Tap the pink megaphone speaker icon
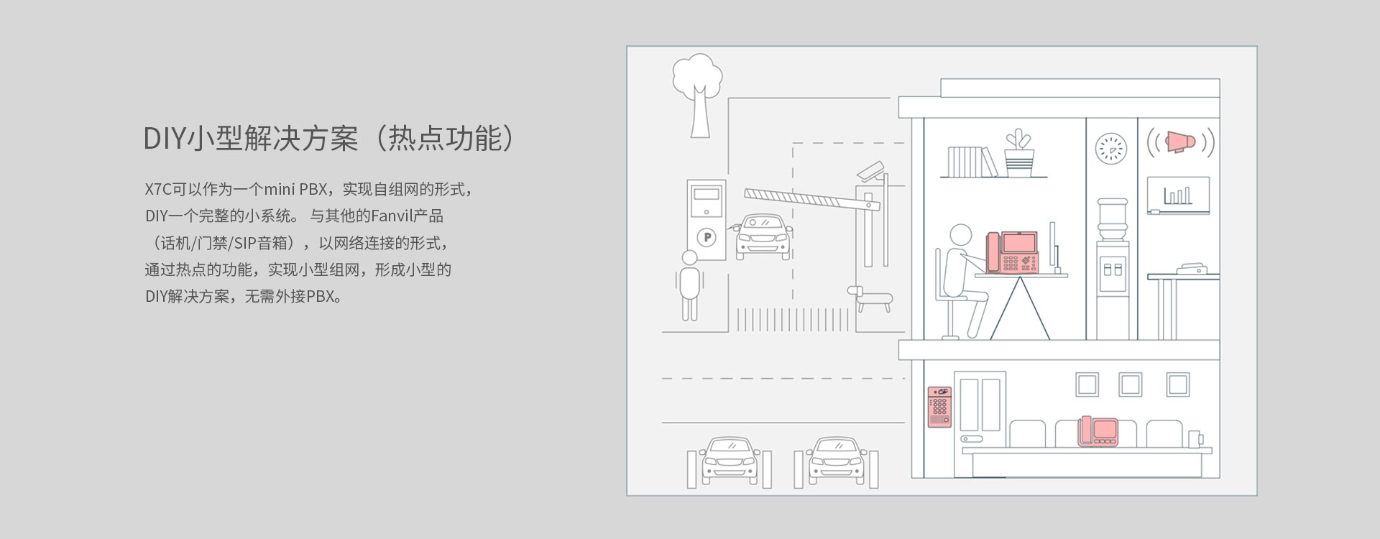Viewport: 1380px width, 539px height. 1179,142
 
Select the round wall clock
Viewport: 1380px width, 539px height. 1111,149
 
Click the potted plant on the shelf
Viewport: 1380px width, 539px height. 1019,153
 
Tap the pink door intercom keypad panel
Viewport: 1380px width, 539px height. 939,407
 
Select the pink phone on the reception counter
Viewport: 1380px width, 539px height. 1098,431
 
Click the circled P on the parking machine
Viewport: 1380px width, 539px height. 708,238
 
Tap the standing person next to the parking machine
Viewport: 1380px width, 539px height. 689,284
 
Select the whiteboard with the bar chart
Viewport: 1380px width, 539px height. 1177,194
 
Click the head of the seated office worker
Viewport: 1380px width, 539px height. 960,235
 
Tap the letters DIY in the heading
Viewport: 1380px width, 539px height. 165,139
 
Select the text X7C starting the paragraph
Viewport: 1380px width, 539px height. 157,190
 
